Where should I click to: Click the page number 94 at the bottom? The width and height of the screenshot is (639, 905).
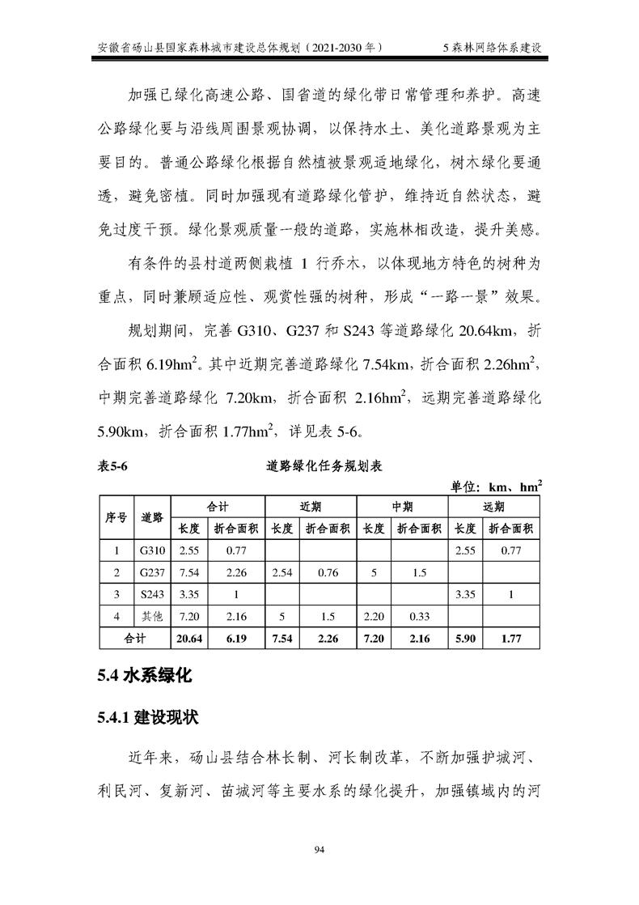(x=319, y=849)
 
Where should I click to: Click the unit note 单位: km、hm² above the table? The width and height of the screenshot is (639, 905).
(x=497, y=486)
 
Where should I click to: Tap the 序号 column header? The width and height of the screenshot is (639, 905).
(x=116, y=518)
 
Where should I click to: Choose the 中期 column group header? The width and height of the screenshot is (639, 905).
(x=402, y=507)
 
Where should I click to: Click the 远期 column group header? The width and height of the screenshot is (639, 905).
(x=493, y=507)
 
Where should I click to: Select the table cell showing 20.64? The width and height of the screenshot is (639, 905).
(x=188, y=639)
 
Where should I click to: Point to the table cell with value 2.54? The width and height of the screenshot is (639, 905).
(x=281, y=573)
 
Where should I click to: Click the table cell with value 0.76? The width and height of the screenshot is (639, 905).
(x=328, y=573)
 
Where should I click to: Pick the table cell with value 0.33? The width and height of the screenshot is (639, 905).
(x=419, y=617)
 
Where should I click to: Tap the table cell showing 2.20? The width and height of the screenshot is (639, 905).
(x=373, y=617)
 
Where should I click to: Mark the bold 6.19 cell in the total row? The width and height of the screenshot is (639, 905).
(x=235, y=639)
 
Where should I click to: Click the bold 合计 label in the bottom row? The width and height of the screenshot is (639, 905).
(x=134, y=639)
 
